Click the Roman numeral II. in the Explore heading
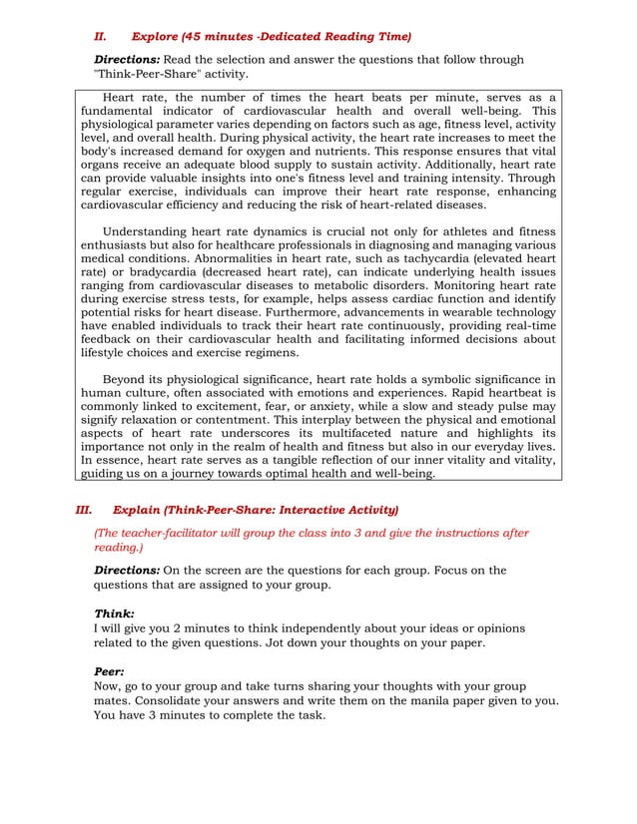tap(100, 37)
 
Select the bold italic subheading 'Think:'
tap(114, 614)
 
